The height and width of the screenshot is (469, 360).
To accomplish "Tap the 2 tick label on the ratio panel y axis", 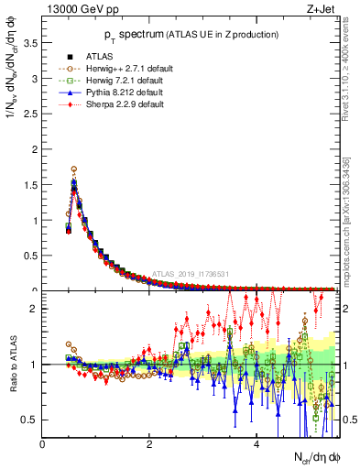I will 33,309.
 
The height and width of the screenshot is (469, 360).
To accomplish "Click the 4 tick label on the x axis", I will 256,444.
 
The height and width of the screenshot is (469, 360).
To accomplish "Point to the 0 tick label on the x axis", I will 42,444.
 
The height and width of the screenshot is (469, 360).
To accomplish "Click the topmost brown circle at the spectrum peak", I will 74,169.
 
